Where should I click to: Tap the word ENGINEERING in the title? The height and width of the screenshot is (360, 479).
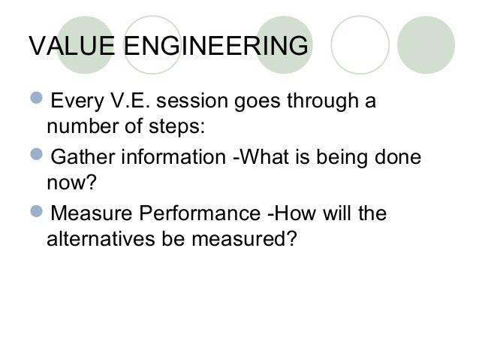(x=215, y=46)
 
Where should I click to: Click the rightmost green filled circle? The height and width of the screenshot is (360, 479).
(x=426, y=45)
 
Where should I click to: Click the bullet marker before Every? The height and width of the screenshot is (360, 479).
(x=38, y=101)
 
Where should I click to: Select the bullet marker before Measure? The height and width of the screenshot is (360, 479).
(x=38, y=213)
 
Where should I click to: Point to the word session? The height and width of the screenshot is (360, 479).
(x=213, y=101)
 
